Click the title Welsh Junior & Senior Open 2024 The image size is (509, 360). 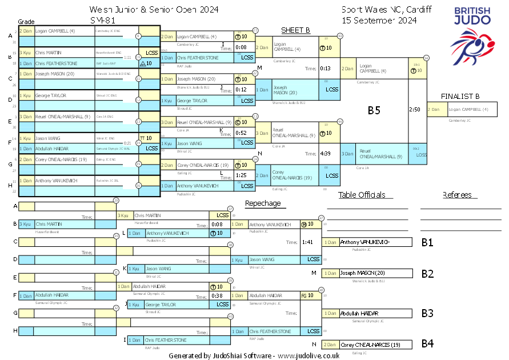tap(154, 10)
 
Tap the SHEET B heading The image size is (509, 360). tap(295, 30)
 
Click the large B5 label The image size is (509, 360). tap(374, 110)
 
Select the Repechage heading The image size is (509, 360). tap(263, 203)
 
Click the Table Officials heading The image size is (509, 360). tap(362, 195)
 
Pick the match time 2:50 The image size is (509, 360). tap(415, 109)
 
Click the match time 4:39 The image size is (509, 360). tap(326, 153)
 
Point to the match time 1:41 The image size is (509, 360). tap(306, 242)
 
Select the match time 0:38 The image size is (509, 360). tap(217, 295)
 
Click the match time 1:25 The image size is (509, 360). tap(241, 175)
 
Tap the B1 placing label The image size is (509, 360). tap(427, 242)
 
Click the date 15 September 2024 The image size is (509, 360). tap(379, 20)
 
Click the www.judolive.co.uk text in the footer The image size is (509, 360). tap(308, 355)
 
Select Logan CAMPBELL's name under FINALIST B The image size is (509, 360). tap(468, 109)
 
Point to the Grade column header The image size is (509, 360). tap(26, 21)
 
